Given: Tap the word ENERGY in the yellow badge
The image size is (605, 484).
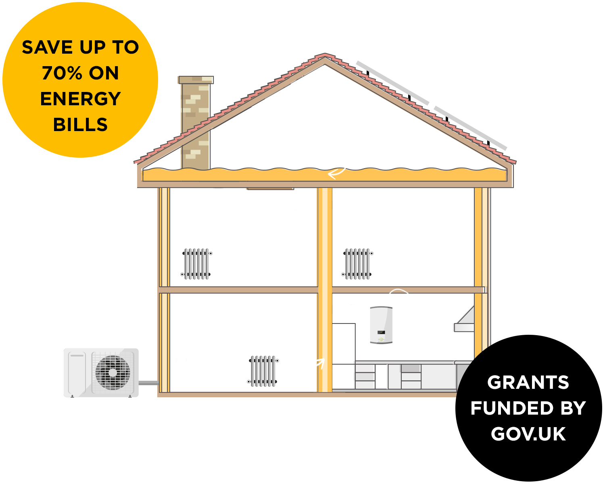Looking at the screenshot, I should pyautogui.click(x=81, y=99).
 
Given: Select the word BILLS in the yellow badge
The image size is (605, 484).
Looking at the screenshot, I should pyautogui.click(x=81, y=125).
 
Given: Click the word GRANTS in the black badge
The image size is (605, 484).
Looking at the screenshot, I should pyautogui.click(x=528, y=382).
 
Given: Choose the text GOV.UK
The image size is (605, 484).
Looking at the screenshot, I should pyautogui.click(x=528, y=434).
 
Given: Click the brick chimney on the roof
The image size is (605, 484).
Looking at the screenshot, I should pyautogui.click(x=196, y=121).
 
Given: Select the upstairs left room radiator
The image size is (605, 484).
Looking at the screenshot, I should pyautogui.click(x=196, y=264).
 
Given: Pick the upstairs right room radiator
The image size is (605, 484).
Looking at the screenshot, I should pyautogui.click(x=357, y=264).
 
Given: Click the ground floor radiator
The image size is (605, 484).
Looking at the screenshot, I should pyautogui.click(x=263, y=371).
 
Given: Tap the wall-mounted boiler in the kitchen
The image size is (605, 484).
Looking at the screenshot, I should pyautogui.click(x=381, y=325).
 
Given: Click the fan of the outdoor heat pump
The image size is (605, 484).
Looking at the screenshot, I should pyautogui.click(x=113, y=372).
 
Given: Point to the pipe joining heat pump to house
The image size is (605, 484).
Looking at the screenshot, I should pyautogui.click(x=148, y=382).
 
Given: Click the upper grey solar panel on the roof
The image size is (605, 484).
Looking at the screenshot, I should pyautogui.click(x=392, y=83).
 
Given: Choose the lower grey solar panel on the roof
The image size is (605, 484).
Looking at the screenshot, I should pyautogui.click(x=470, y=128).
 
